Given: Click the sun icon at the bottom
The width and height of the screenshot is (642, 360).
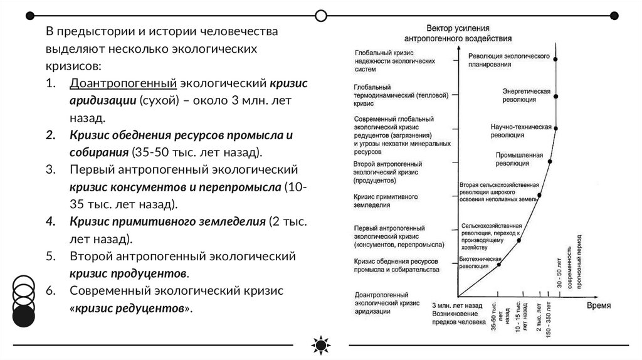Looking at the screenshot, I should point(320,346).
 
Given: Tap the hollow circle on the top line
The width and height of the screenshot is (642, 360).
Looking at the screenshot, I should point(321,14).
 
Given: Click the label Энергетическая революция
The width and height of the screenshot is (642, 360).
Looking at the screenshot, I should point(527,95).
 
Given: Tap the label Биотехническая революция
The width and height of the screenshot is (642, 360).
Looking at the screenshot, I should point(481,262).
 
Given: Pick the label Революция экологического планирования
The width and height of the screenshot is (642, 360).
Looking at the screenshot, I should point(509,60).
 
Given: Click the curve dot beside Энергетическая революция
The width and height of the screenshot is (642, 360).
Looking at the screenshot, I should point(556,95).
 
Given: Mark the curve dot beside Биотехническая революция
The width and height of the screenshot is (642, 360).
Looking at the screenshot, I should point(499,264).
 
